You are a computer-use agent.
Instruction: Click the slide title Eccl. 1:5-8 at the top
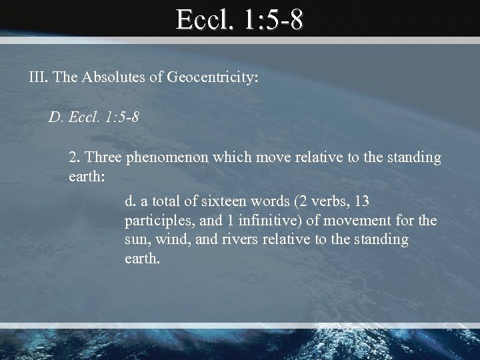(x=240, y=20)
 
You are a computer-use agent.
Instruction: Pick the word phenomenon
(x=167, y=159)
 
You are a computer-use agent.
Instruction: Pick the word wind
(x=170, y=239)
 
